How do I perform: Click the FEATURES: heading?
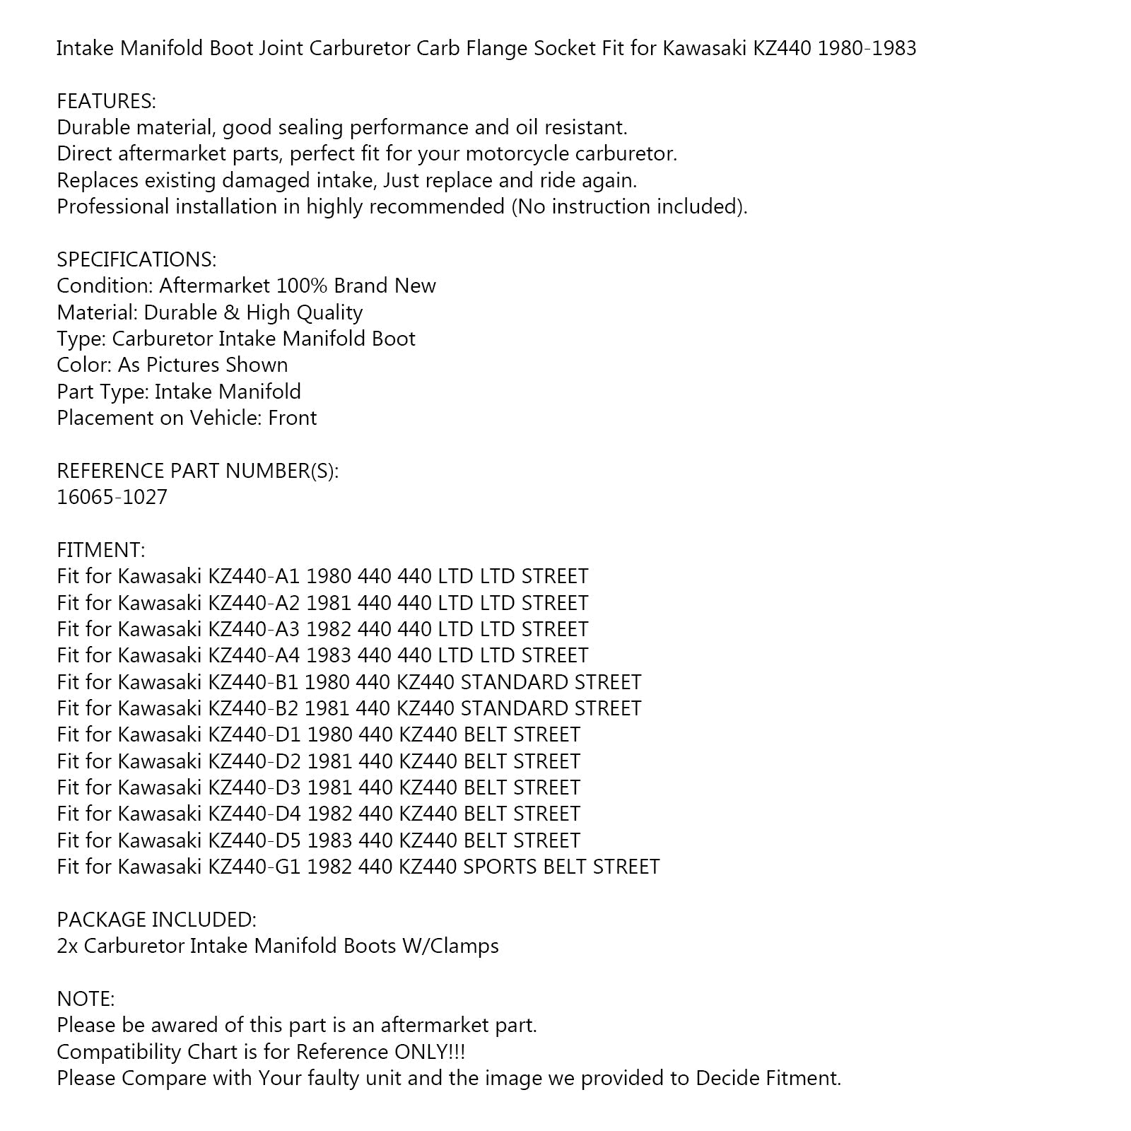click(106, 101)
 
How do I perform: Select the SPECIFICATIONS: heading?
click(136, 259)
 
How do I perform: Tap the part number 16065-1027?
click(112, 497)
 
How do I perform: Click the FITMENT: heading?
click(100, 550)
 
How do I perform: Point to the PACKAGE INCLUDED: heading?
click(156, 920)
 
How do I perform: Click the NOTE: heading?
click(85, 999)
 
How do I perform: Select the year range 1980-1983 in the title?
click(867, 48)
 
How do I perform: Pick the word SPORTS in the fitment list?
click(500, 867)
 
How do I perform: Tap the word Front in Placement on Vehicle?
click(292, 418)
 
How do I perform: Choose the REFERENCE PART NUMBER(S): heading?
click(197, 471)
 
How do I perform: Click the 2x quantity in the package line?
click(67, 946)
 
